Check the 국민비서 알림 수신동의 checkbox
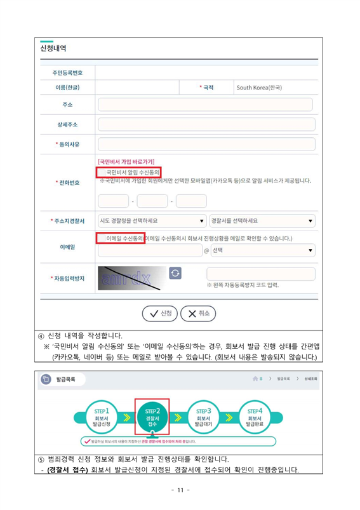pos(102,171)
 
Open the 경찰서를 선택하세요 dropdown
pos(262,220)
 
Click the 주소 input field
pos(206,105)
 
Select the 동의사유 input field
pos(206,144)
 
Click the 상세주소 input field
pos(206,124)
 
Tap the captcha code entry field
pos(260,274)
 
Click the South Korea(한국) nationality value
pos(259,87)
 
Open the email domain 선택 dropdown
pos(262,250)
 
